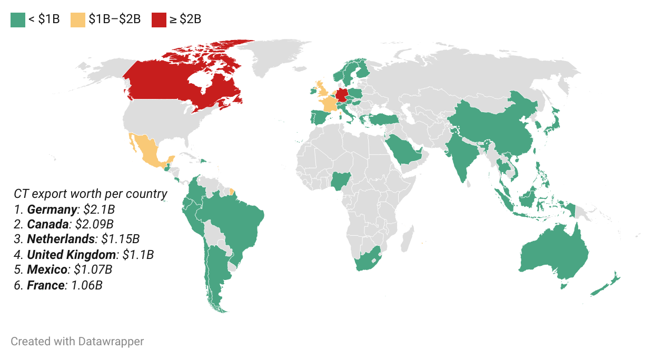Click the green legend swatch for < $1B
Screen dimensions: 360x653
[18, 19]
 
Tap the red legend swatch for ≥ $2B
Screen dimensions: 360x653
[159, 19]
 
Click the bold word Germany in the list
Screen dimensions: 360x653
[52, 209]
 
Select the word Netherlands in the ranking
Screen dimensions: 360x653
[62, 239]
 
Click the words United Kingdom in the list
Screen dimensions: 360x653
[71, 255]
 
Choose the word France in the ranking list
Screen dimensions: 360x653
[46, 285]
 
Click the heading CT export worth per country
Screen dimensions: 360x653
[91, 194]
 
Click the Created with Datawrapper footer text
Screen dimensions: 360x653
[77, 341]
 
